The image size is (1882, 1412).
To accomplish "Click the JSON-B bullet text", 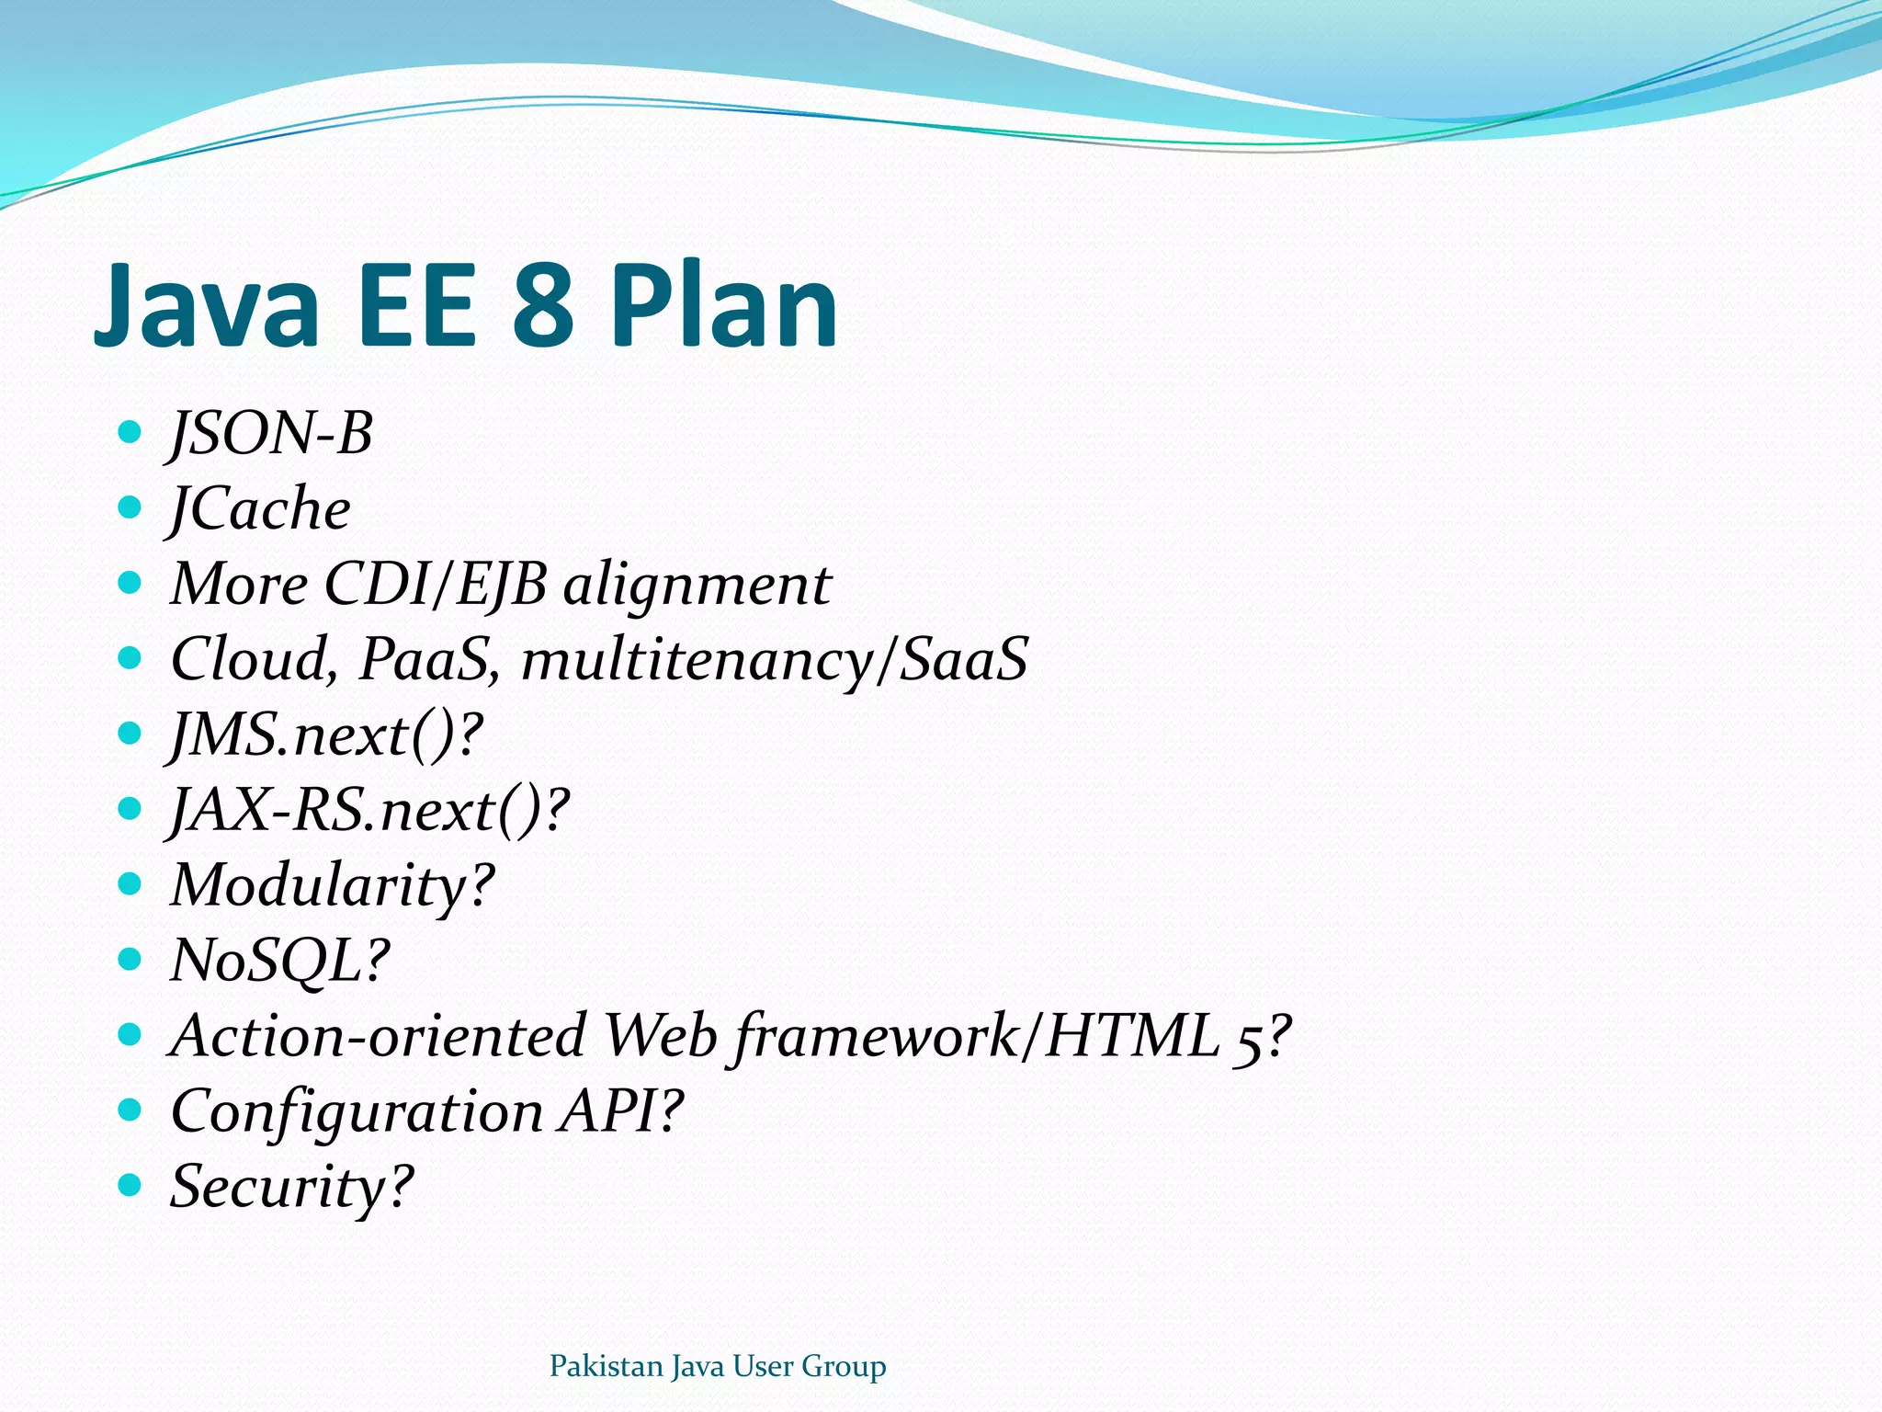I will (x=271, y=433).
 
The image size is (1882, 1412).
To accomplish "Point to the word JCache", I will (x=260, y=508).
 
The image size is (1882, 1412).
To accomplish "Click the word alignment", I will (x=697, y=585).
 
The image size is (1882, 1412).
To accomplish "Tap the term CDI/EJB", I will (x=436, y=585).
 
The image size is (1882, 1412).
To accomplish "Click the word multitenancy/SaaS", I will (x=775, y=660).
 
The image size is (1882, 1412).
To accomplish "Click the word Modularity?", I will (x=333, y=886).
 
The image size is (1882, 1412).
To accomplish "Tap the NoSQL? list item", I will (x=280, y=962).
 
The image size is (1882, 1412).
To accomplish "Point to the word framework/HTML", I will (x=974, y=1036).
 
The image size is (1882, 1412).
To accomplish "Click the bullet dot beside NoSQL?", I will (x=130, y=960).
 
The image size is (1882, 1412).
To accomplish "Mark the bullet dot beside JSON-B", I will (x=130, y=431).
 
